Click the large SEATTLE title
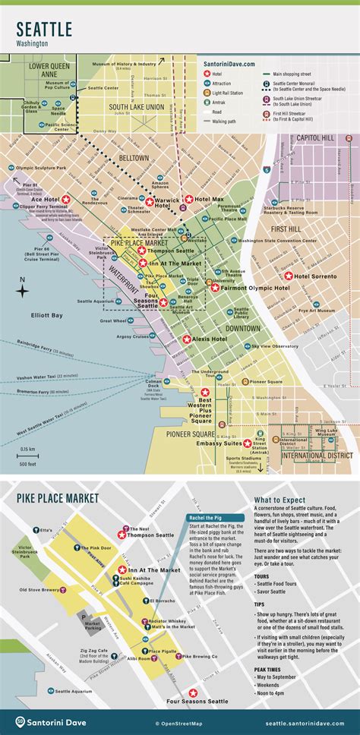click(x=45, y=30)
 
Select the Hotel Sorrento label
click(x=315, y=276)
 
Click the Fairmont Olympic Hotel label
click(x=241, y=289)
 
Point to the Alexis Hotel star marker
click(x=186, y=339)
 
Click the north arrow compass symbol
click(x=23, y=286)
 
